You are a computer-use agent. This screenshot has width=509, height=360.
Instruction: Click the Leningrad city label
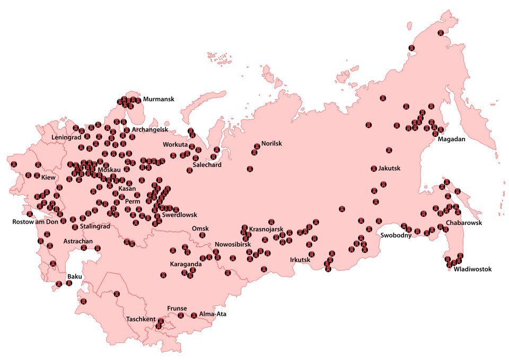[x=66, y=137]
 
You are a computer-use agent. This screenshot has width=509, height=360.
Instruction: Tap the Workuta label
[x=175, y=145]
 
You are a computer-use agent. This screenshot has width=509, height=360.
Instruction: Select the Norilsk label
[x=271, y=144]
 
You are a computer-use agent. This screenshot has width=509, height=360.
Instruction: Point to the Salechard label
[x=207, y=165]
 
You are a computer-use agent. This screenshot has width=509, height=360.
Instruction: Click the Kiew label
[x=48, y=178]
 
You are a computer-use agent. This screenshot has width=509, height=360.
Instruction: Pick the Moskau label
[x=110, y=170]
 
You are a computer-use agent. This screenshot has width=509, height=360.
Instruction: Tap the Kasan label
[x=127, y=188]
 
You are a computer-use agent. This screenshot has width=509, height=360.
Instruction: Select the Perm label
[x=132, y=201]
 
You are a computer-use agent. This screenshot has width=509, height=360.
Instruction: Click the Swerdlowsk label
[x=179, y=215]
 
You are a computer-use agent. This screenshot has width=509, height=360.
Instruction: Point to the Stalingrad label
[x=95, y=226]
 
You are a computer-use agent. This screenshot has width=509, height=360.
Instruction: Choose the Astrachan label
[x=78, y=241]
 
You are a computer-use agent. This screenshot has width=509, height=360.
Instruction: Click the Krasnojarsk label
[x=266, y=230]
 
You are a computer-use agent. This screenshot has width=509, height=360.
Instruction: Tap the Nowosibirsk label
[x=232, y=244]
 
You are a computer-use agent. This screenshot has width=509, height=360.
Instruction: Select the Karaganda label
[x=186, y=264]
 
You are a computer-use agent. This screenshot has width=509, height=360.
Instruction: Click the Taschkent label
[x=141, y=319]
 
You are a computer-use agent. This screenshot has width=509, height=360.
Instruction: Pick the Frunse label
[x=177, y=308]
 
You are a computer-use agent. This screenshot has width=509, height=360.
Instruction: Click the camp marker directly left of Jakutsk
[x=373, y=169]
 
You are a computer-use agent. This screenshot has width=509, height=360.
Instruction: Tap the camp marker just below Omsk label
[x=202, y=235]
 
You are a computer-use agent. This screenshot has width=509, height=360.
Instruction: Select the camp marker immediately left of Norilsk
[x=257, y=145]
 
